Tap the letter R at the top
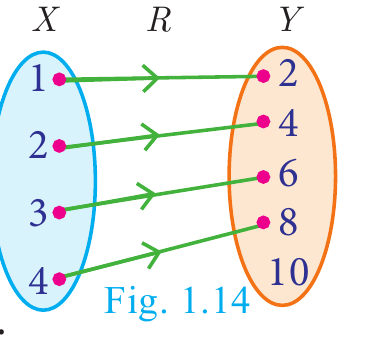click(160, 19)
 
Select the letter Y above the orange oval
click(291, 19)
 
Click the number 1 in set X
click(39, 78)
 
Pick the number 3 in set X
click(37, 212)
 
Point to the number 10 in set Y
click(289, 272)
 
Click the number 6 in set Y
click(287, 174)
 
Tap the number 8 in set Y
click(288, 222)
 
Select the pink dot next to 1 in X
click(59, 79)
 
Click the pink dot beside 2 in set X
click(59, 146)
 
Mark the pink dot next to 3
click(59, 212)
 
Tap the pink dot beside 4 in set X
click(59, 279)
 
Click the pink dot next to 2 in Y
click(263, 76)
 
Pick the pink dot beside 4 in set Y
click(263, 122)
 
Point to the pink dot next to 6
click(263, 177)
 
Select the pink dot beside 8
click(263, 222)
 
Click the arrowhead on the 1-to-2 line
click(152, 78)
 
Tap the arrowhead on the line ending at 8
click(154, 254)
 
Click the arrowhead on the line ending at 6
click(147, 195)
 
